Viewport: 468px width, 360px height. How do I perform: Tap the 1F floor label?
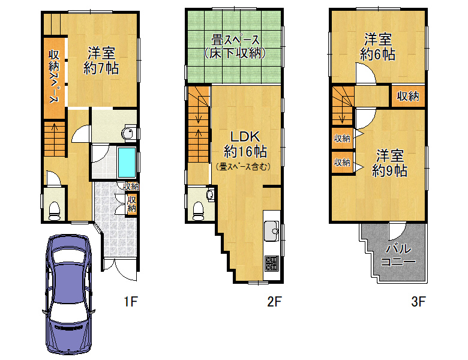click(x=131, y=301)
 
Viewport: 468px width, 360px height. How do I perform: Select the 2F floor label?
click(x=274, y=301)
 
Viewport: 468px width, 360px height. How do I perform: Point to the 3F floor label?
click(x=418, y=301)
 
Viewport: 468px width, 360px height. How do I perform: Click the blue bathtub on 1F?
click(x=127, y=163)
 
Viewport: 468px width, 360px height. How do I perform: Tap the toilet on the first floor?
click(x=55, y=211)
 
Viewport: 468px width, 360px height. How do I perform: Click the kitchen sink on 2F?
click(x=271, y=231)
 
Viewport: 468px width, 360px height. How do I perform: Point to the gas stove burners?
click(x=272, y=263)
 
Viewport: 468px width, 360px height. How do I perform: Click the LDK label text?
click(x=245, y=137)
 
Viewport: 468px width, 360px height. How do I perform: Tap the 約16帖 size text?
click(x=245, y=152)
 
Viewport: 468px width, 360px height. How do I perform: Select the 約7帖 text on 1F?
click(x=101, y=68)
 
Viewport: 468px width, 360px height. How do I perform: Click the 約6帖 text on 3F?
click(x=377, y=55)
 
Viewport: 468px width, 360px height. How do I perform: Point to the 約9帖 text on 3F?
click(x=389, y=171)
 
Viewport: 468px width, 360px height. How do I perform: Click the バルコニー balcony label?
click(x=398, y=254)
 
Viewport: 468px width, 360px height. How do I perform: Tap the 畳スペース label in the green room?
click(x=235, y=40)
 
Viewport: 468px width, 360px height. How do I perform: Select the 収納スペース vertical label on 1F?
click(x=54, y=77)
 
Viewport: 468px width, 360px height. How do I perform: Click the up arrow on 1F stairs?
click(x=55, y=128)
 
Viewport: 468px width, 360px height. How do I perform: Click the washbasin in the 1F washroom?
click(x=128, y=133)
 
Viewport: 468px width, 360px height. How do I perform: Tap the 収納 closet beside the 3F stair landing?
click(x=408, y=96)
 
